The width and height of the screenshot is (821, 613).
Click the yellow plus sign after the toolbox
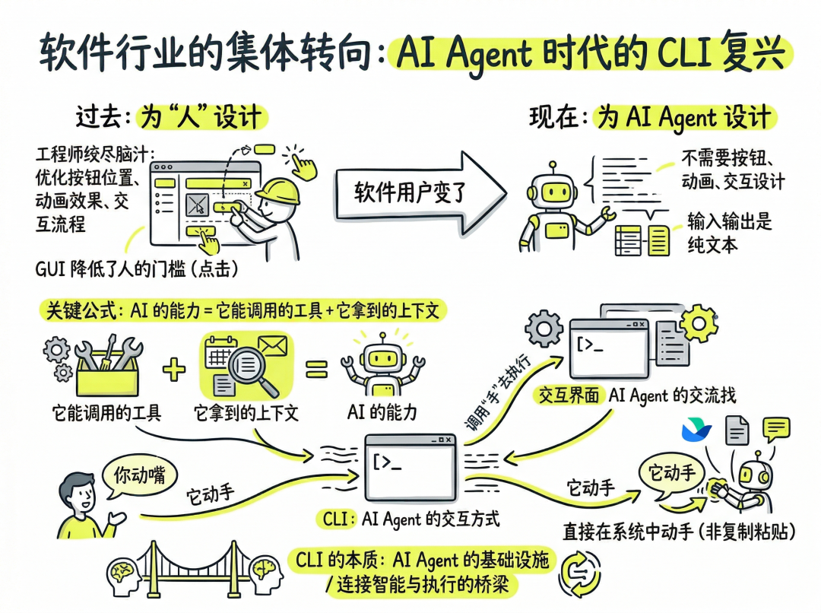[x=174, y=370]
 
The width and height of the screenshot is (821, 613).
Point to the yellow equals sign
[x=316, y=370]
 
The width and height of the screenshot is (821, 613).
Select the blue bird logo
[x=698, y=430]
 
